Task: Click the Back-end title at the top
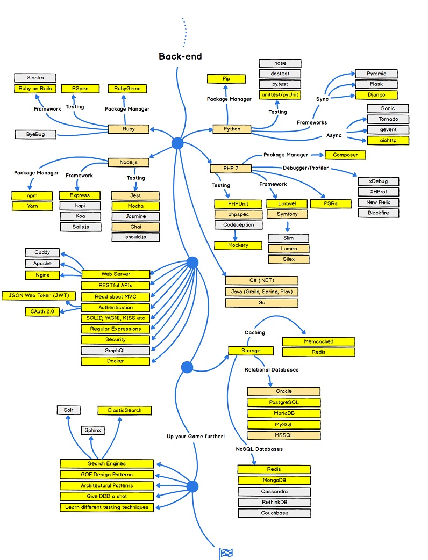click(x=180, y=56)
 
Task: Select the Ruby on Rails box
click(x=35, y=89)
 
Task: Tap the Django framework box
click(x=376, y=95)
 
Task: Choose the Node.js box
click(x=128, y=162)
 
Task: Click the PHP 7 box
click(x=231, y=169)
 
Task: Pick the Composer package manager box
click(x=345, y=155)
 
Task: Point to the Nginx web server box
click(x=42, y=275)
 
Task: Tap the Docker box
click(x=115, y=361)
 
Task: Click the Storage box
click(x=251, y=351)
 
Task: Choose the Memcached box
click(x=318, y=341)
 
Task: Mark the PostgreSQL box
click(x=284, y=402)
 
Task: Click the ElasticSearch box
click(x=125, y=410)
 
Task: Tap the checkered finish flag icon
click(x=226, y=553)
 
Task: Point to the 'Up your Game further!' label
click(x=196, y=437)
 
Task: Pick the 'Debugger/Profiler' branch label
click(x=306, y=169)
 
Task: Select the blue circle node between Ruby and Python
click(x=177, y=143)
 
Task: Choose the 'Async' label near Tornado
click(x=334, y=135)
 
